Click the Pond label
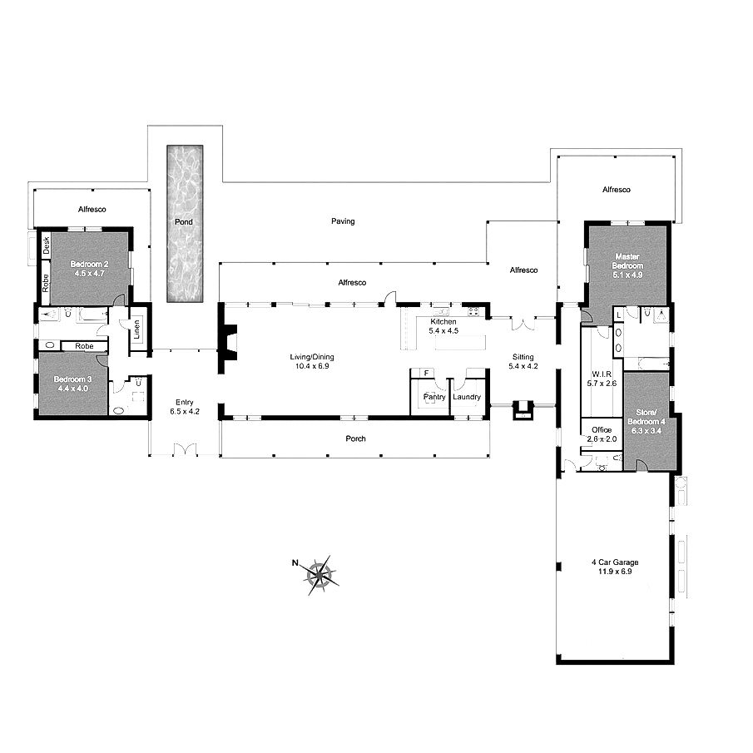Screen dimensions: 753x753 click(183, 222)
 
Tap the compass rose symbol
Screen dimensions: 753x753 click(320, 574)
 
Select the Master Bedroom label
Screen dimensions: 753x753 click(627, 265)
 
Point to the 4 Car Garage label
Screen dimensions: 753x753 click(615, 567)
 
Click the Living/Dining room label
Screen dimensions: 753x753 click(312, 361)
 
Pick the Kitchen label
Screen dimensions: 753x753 click(443, 326)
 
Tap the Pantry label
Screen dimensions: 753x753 click(434, 397)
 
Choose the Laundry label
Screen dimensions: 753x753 click(466, 397)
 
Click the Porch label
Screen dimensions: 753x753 click(355, 438)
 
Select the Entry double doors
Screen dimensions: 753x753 click(185, 449)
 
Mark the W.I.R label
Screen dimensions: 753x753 click(602, 379)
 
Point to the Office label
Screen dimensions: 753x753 click(602, 434)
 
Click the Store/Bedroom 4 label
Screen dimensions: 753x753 click(646, 422)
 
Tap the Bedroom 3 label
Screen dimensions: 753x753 click(72, 384)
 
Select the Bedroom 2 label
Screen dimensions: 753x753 click(89, 269)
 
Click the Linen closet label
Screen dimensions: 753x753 click(136, 329)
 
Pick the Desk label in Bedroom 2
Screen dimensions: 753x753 click(46, 245)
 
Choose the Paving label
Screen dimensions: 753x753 click(343, 221)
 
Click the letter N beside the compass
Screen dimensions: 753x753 click(295, 562)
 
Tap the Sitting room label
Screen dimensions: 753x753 click(523, 362)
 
